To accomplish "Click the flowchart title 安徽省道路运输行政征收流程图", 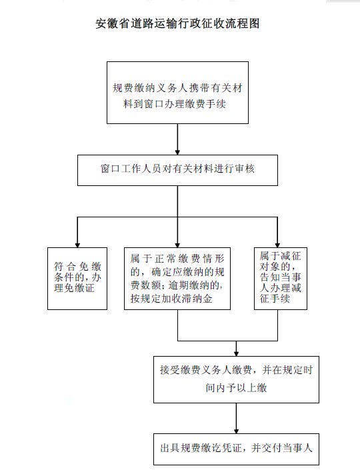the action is tap(177, 23).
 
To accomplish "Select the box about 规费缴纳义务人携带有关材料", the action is tap(177, 93).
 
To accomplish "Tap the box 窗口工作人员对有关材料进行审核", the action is tap(177, 170).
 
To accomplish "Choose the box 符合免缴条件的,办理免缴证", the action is tap(77, 279).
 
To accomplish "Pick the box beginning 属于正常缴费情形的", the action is tap(177, 279).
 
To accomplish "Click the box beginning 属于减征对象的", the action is tap(281, 279).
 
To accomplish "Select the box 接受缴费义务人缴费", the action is tap(236, 379).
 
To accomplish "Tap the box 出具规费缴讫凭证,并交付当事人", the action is tap(236, 449).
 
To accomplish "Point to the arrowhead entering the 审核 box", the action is tap(177, 152).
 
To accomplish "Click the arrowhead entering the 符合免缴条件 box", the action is tap(77, 245).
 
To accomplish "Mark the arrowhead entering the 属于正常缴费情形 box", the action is tap(177, 245).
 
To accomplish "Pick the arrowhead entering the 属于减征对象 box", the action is tap(277, 245).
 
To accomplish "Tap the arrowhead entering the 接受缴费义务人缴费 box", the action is tap(236, 353).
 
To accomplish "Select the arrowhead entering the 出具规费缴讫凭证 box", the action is tap(236, 431).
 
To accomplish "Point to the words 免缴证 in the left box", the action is tap(79, 288).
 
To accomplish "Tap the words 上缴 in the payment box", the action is tap(257, 387).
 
